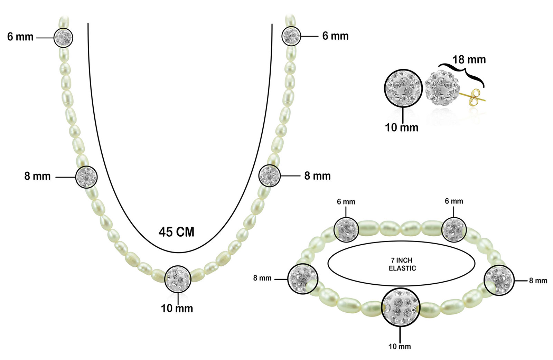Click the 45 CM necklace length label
(x=176, y=232)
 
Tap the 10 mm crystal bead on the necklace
(x=178, y=279)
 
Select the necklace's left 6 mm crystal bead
(x=64, y=38)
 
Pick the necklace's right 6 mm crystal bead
(x=291, y=36)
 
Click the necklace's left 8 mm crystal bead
(x=86, y=177)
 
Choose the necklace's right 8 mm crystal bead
(x=269, y=176)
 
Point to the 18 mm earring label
(x=469, y=60)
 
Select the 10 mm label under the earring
(x=402, y=127)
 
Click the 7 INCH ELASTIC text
(x=402, y=264)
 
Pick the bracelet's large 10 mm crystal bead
(x=401, y=307)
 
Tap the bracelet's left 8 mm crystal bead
(x=303, y=279)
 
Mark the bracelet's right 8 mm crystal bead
(x=499, y=280)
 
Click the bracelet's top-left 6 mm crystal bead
(x=346, y=230)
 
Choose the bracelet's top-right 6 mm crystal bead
(x=454, y=229)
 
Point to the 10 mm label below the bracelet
(x=400, y=347)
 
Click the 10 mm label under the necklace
(x=177, y=309)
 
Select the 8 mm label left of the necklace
(x=37, y=176)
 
